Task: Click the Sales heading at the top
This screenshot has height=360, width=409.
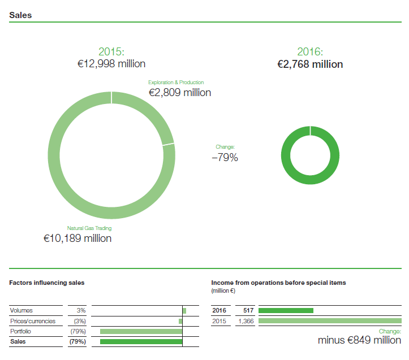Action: click(20, 15)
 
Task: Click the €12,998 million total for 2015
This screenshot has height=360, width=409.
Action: click(111, 64)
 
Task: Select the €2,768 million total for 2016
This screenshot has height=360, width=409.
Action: click(310, 64)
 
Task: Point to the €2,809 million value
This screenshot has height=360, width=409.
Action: click(180, 92)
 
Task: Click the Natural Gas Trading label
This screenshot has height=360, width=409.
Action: click(89, 228)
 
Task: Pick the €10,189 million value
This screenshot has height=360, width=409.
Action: click(78, 238)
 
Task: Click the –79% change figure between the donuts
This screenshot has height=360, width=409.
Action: click(225, 158)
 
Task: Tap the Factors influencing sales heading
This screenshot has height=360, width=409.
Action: click(47, 282)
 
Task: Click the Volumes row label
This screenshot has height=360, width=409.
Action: click(21, 310)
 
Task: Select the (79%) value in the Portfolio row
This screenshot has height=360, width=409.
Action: click(77, 331)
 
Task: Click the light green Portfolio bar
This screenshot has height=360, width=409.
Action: click(141, 331)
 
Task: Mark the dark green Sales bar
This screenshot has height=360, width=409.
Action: click(141, 341)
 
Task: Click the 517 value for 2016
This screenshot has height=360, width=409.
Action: click(247, 310)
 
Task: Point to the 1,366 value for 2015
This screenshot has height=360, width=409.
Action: click(246, 321)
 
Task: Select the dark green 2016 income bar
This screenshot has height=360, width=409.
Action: click(286, 310)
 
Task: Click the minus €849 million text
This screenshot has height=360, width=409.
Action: click(359, 340)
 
